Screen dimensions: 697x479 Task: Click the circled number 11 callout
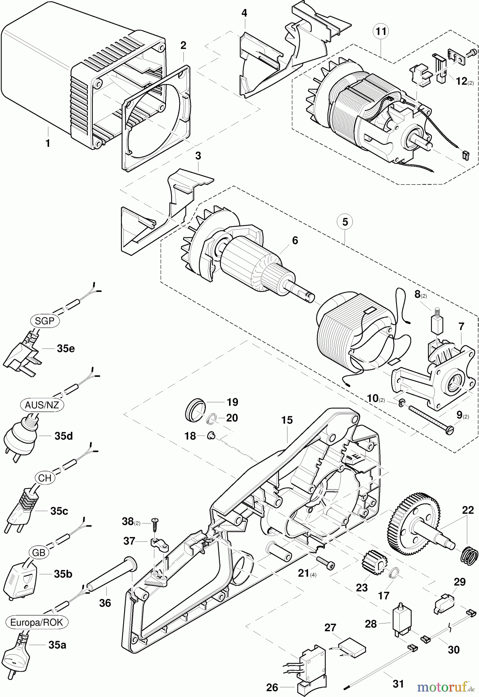(x=381, y=31)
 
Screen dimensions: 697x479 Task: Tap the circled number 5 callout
(x=345, y=222)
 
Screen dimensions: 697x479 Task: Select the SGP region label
(x=45, y=321)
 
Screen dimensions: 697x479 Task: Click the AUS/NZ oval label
(x=42, y=405)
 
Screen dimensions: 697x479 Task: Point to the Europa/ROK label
(x=37, y=622)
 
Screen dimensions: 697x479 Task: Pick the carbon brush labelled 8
(x=436, y=319)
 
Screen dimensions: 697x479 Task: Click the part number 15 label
(x=287, y=420)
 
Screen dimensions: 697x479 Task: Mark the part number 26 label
(x=272, y=688)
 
